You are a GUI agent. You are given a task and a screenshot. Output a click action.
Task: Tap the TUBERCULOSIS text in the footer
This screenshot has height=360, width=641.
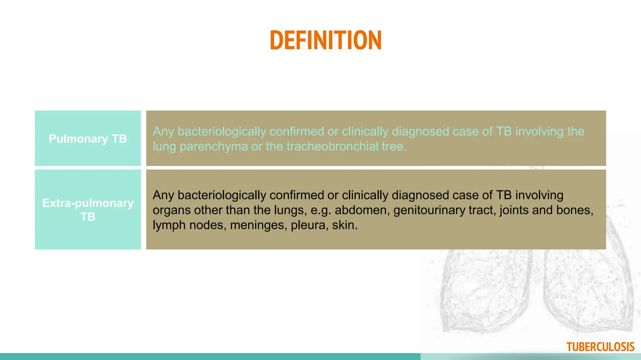(x=600, y=347)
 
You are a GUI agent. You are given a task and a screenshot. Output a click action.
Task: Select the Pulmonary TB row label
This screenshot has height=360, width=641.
(x=88, y=139)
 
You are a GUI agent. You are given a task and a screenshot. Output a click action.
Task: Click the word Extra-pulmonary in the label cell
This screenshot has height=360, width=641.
(x=88, y=203)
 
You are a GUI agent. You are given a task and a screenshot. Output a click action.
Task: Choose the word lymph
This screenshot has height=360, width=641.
(x=169, y=225)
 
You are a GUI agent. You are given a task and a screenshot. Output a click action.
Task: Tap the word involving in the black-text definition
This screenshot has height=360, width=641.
(x=539, y=195)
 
